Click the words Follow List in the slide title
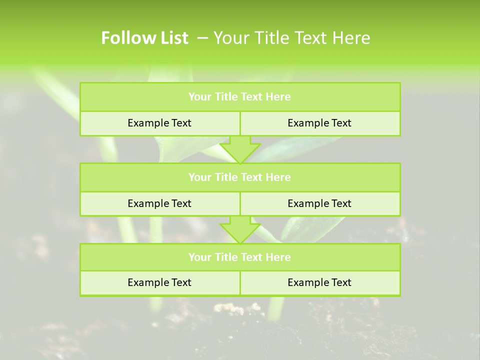coord(144,38)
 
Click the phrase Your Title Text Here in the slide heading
coord(291,38)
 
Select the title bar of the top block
coord(240,97)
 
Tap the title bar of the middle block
coord(240,177)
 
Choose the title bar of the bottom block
coord(240,257)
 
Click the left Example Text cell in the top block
coord(159,123)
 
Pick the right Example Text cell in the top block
coord(320,123)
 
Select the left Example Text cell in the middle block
coord(159,203)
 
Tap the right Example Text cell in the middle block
coord(320,203)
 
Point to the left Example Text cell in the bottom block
coord(159,282)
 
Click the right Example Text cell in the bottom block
coord(320,282)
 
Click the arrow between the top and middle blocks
coord(240,149)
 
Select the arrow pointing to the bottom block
coord(240,229)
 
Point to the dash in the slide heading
coord(202,38)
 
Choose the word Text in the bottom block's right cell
coord(341,282)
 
